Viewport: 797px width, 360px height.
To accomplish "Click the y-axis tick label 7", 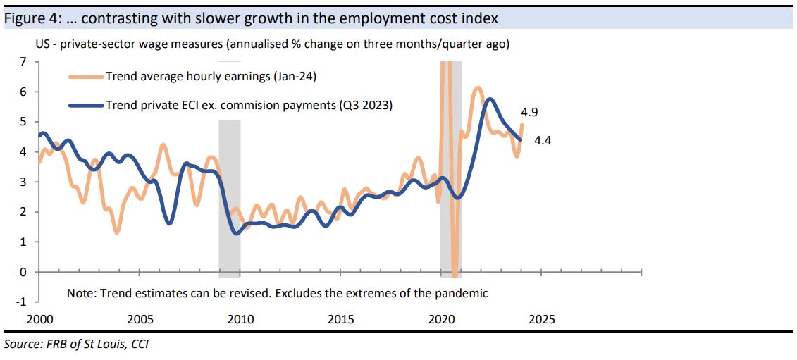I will pos(23,62).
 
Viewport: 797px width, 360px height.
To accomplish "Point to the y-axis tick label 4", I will pos(23,152).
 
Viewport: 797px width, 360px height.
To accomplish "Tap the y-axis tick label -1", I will pos(21,302).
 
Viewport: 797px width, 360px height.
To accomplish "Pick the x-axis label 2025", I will pos(541,319).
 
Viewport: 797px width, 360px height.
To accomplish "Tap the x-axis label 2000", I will pos(39,319).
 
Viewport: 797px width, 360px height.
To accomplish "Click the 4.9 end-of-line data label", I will pos(530,112).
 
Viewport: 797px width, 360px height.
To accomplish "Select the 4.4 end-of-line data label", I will pos(543,140).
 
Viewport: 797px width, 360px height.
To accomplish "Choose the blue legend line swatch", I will pos(85,106).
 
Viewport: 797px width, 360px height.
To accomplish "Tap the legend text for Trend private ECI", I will pos(249,106).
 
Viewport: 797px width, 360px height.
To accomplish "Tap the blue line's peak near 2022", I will pos(490,99).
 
